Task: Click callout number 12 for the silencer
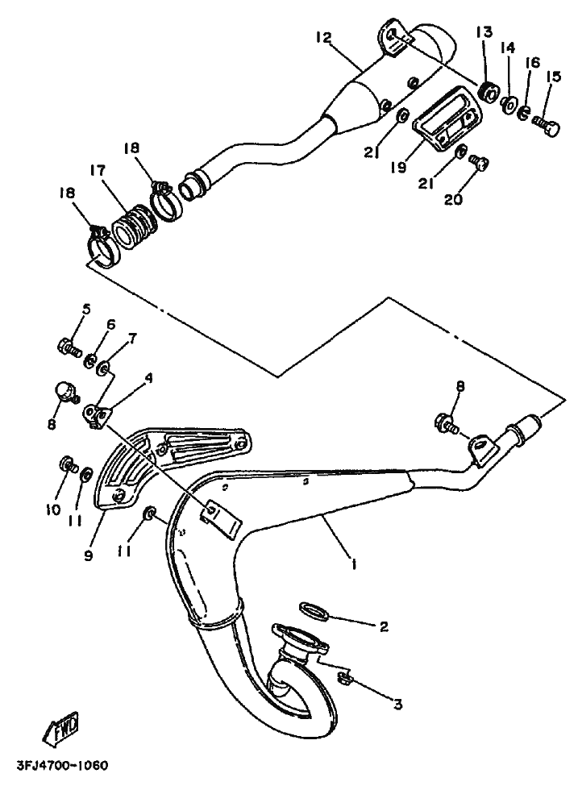[x=324, y=37]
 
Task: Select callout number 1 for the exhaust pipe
[x=354, y=564]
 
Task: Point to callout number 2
[x=384, y=626]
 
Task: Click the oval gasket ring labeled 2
[x=314, y=611]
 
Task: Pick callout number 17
[x=98, y=171]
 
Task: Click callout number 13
[x=484, y=32]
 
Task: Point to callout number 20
[x=453, y=199]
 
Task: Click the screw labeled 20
[x=479, y=164]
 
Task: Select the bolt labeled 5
[x=69, y=347]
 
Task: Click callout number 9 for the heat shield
[x=88, y=556]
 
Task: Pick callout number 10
[x=52, y=509]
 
